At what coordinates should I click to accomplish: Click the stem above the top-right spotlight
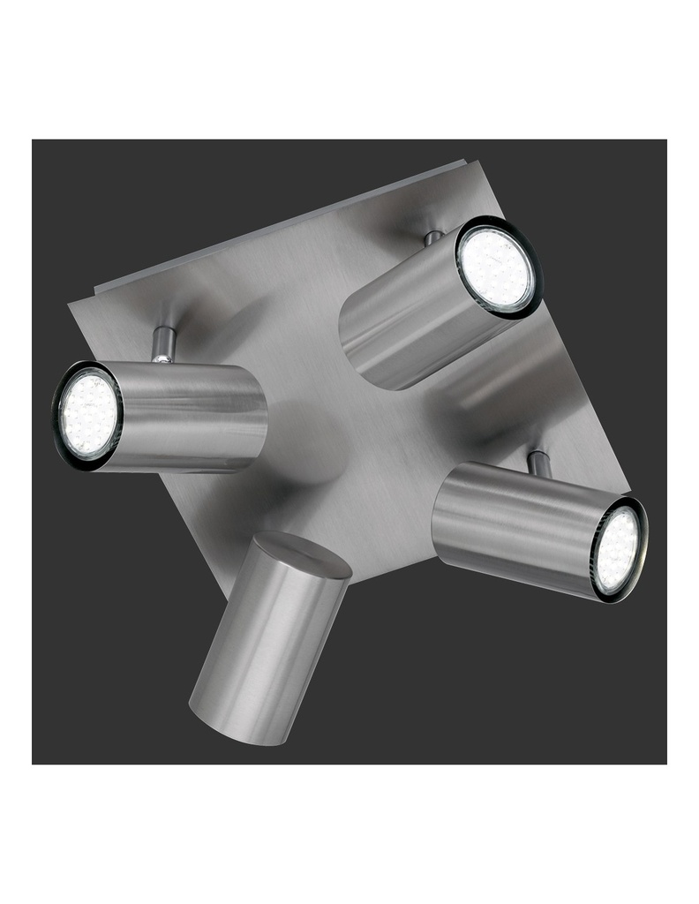pyautogui.click(x=432, y=237)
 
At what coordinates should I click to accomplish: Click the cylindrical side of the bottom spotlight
pyautogui.click(x=256, y=644)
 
